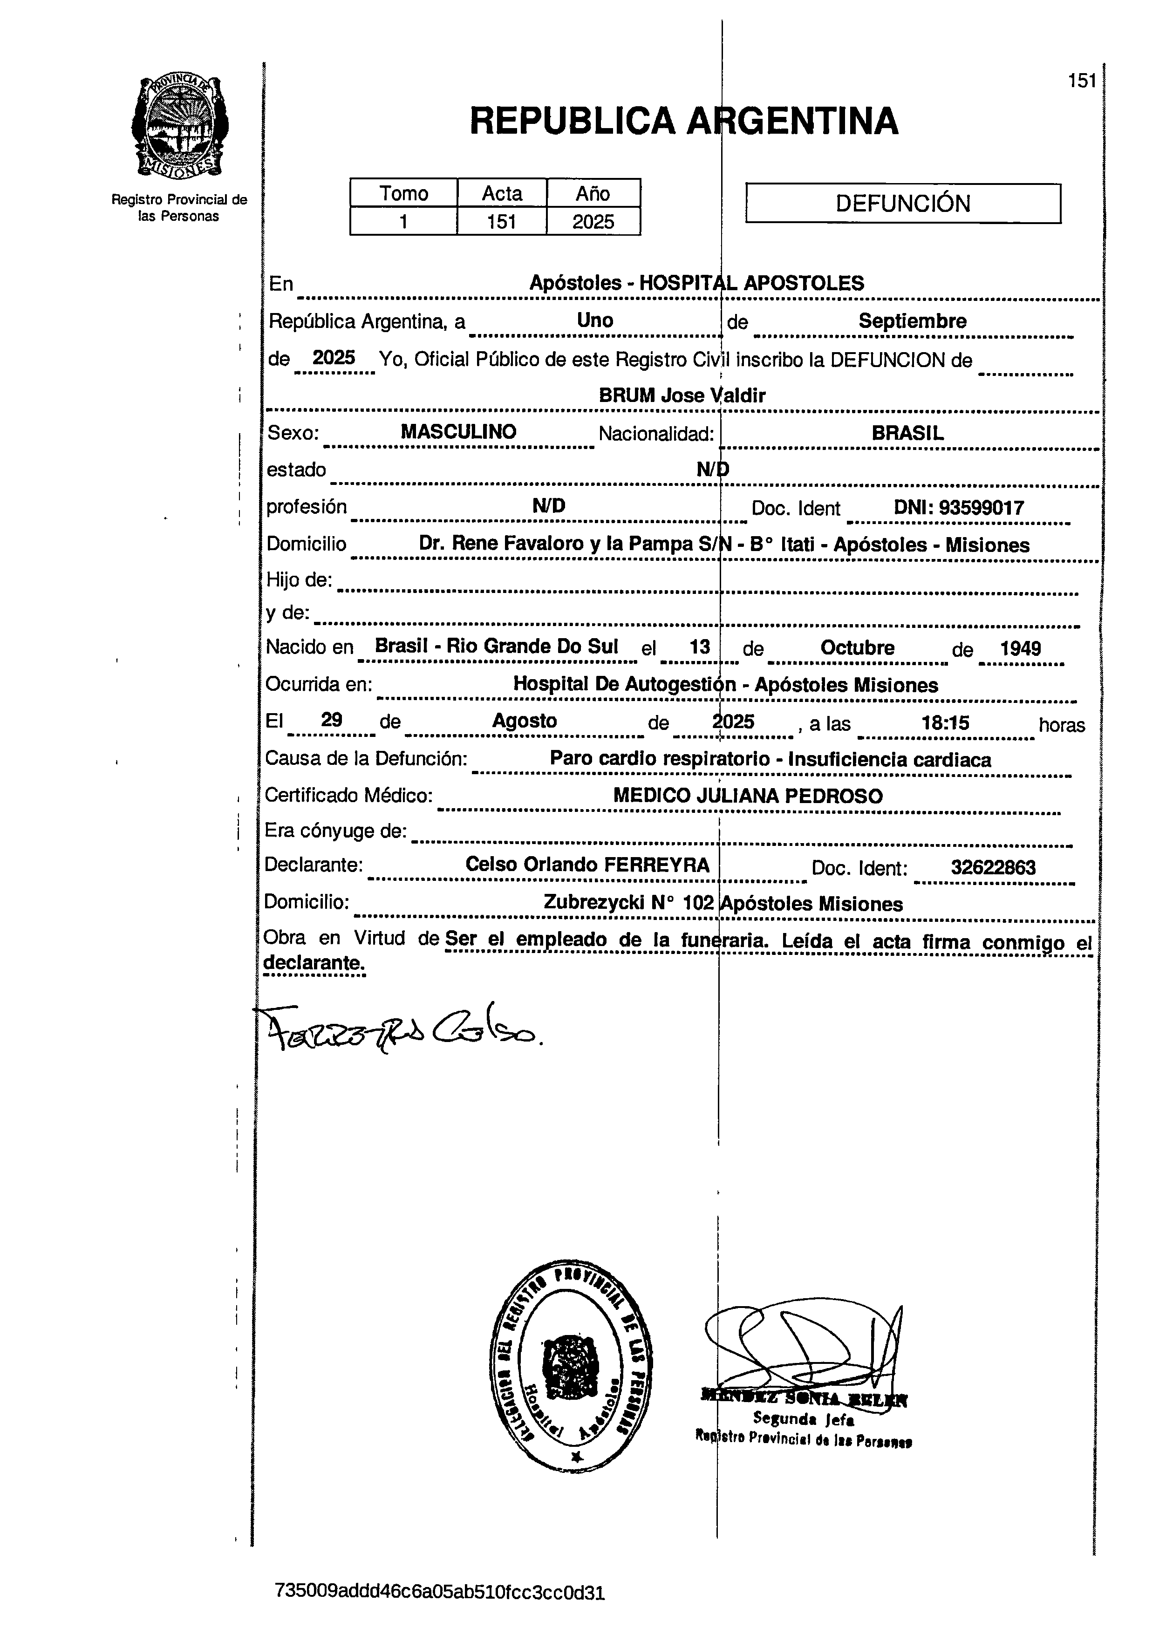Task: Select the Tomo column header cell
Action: pyautogui.click(x=403, y=194)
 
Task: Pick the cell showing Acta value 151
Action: pyautogui.click(x=501, y=222)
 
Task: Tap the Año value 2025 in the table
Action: pyautogui.click(x=593, y=222)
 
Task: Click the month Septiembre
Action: pyautogui.click(x=912, y=321)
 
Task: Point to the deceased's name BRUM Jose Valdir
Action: pyautogui.click(x=682, y=395)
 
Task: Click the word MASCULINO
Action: pyautogui.click(x=458, y=432)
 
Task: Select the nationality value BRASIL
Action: pyautogui.click(x=907, y=434)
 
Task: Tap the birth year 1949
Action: pyautogui.click(x=1020, y=649)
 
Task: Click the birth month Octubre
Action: pyautogui.click(x=857, y=648)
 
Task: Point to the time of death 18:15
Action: pyautogui.click(x=945, y=723)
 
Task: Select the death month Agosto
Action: pyautogui.click(x=524, y=721)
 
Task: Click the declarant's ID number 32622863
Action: pyautogui.click(x=993, y=868)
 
